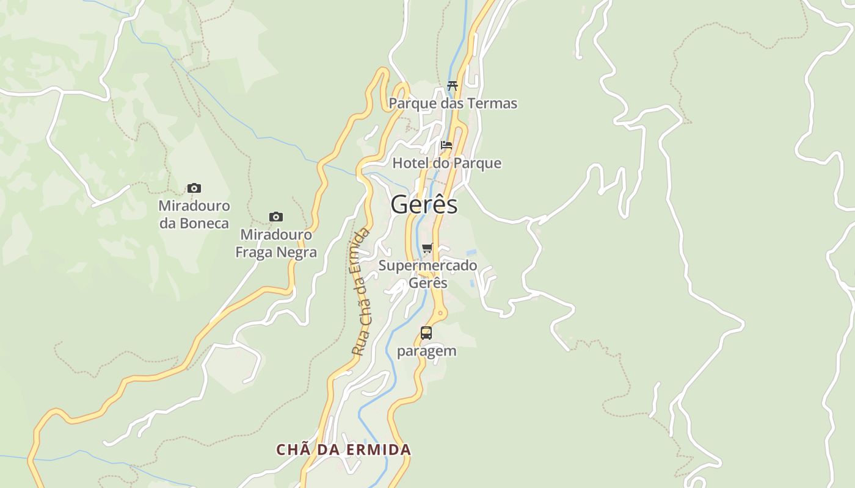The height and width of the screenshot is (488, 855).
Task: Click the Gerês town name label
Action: click(424, 204)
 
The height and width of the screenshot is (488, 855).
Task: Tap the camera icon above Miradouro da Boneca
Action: click(194, 188)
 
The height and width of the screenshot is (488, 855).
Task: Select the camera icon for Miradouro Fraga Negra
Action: click(276, 217)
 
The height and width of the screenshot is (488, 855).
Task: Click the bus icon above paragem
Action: click(426, 333)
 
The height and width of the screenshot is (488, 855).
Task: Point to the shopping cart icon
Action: click(428, 248)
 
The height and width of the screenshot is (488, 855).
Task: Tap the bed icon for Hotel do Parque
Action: click(446, 145)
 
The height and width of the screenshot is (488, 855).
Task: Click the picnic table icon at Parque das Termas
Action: click(452, 85)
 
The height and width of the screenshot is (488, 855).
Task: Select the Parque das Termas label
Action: click(453, 103)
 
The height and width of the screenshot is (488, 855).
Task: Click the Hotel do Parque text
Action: click(446, 163)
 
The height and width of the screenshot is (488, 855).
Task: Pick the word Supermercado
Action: click(428, 265)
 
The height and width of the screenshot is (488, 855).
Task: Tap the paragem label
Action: click(426, 351)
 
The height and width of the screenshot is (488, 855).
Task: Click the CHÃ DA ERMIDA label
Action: click(343, 450)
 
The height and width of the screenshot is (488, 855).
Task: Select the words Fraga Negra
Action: click(276, 252)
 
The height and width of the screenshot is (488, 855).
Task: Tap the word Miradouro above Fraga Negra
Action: click(276, 234)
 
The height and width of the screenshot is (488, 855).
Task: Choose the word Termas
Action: click(493, 103)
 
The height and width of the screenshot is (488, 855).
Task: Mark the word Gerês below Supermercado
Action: click(428, 283)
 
